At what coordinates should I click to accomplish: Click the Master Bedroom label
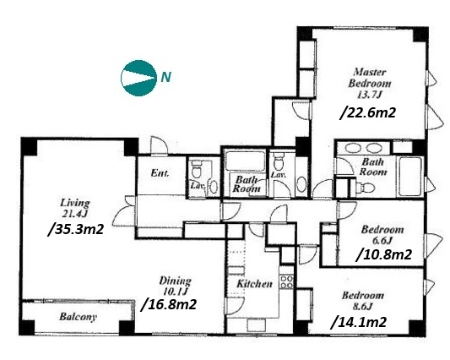[370, 78]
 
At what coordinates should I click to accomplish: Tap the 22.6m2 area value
[367, 112]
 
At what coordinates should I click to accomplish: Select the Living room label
[74, 203]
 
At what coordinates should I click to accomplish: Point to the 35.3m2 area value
[76, 230]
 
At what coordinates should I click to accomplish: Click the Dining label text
[175, 281]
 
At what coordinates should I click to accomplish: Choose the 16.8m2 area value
[169, 304]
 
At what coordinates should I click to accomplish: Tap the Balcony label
[78, 317]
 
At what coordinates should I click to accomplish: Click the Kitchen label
[254, 284]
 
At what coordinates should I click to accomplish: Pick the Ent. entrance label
[160, 173]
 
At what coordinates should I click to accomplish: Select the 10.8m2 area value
[384, 254]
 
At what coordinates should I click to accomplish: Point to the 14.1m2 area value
[359, 322]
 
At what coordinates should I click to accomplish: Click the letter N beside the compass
[165, 77]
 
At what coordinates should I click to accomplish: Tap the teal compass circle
[139, 78]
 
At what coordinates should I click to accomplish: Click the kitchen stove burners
[286, 281]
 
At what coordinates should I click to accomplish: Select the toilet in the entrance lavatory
[197, 170]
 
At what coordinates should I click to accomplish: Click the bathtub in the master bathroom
[410, 177]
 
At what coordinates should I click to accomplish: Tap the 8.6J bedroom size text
[363, 307]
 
